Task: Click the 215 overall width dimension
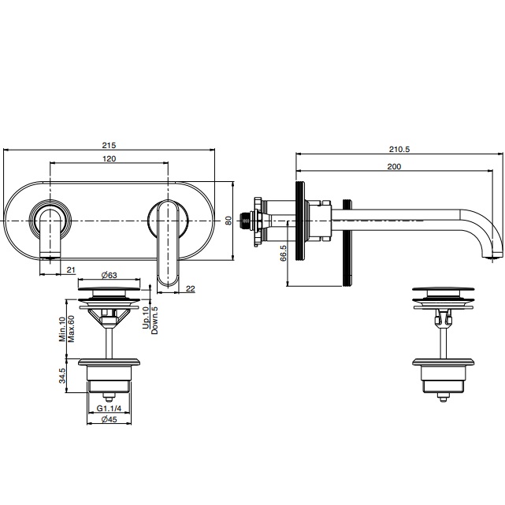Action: (x=109, y=145)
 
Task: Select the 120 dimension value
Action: (x=110, y=159)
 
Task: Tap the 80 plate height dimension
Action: (x=228, y=221)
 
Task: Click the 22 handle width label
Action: (x=191, y=288)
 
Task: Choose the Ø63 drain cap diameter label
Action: (x=109, y=276)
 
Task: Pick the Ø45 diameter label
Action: (x=109, y=419)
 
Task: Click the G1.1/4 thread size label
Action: (x=110, y=408)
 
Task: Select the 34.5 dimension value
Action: (x=62, y=376)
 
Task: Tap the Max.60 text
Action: (x=71, y=329)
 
